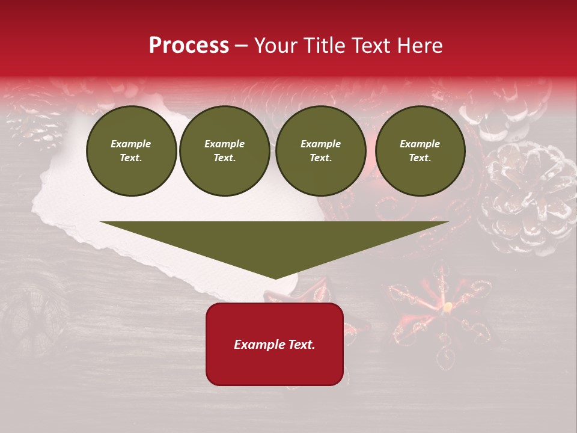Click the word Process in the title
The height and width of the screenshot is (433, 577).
[x=189, y=46]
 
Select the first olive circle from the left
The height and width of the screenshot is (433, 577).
[x=131, y=151]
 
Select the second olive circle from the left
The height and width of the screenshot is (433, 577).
[x=225, y=151]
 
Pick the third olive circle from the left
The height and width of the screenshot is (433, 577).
[x=320, y=151]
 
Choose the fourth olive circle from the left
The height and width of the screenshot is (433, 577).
[x=420, y=151]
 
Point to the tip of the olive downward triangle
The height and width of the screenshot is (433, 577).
[x=275, y=278]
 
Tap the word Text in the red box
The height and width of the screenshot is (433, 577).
[x=300, y=345]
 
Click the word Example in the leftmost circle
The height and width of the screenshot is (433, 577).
[x=131, y=144]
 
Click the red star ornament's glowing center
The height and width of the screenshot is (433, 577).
[x=447, y=308]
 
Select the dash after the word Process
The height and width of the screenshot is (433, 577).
[x=241, y=46]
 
